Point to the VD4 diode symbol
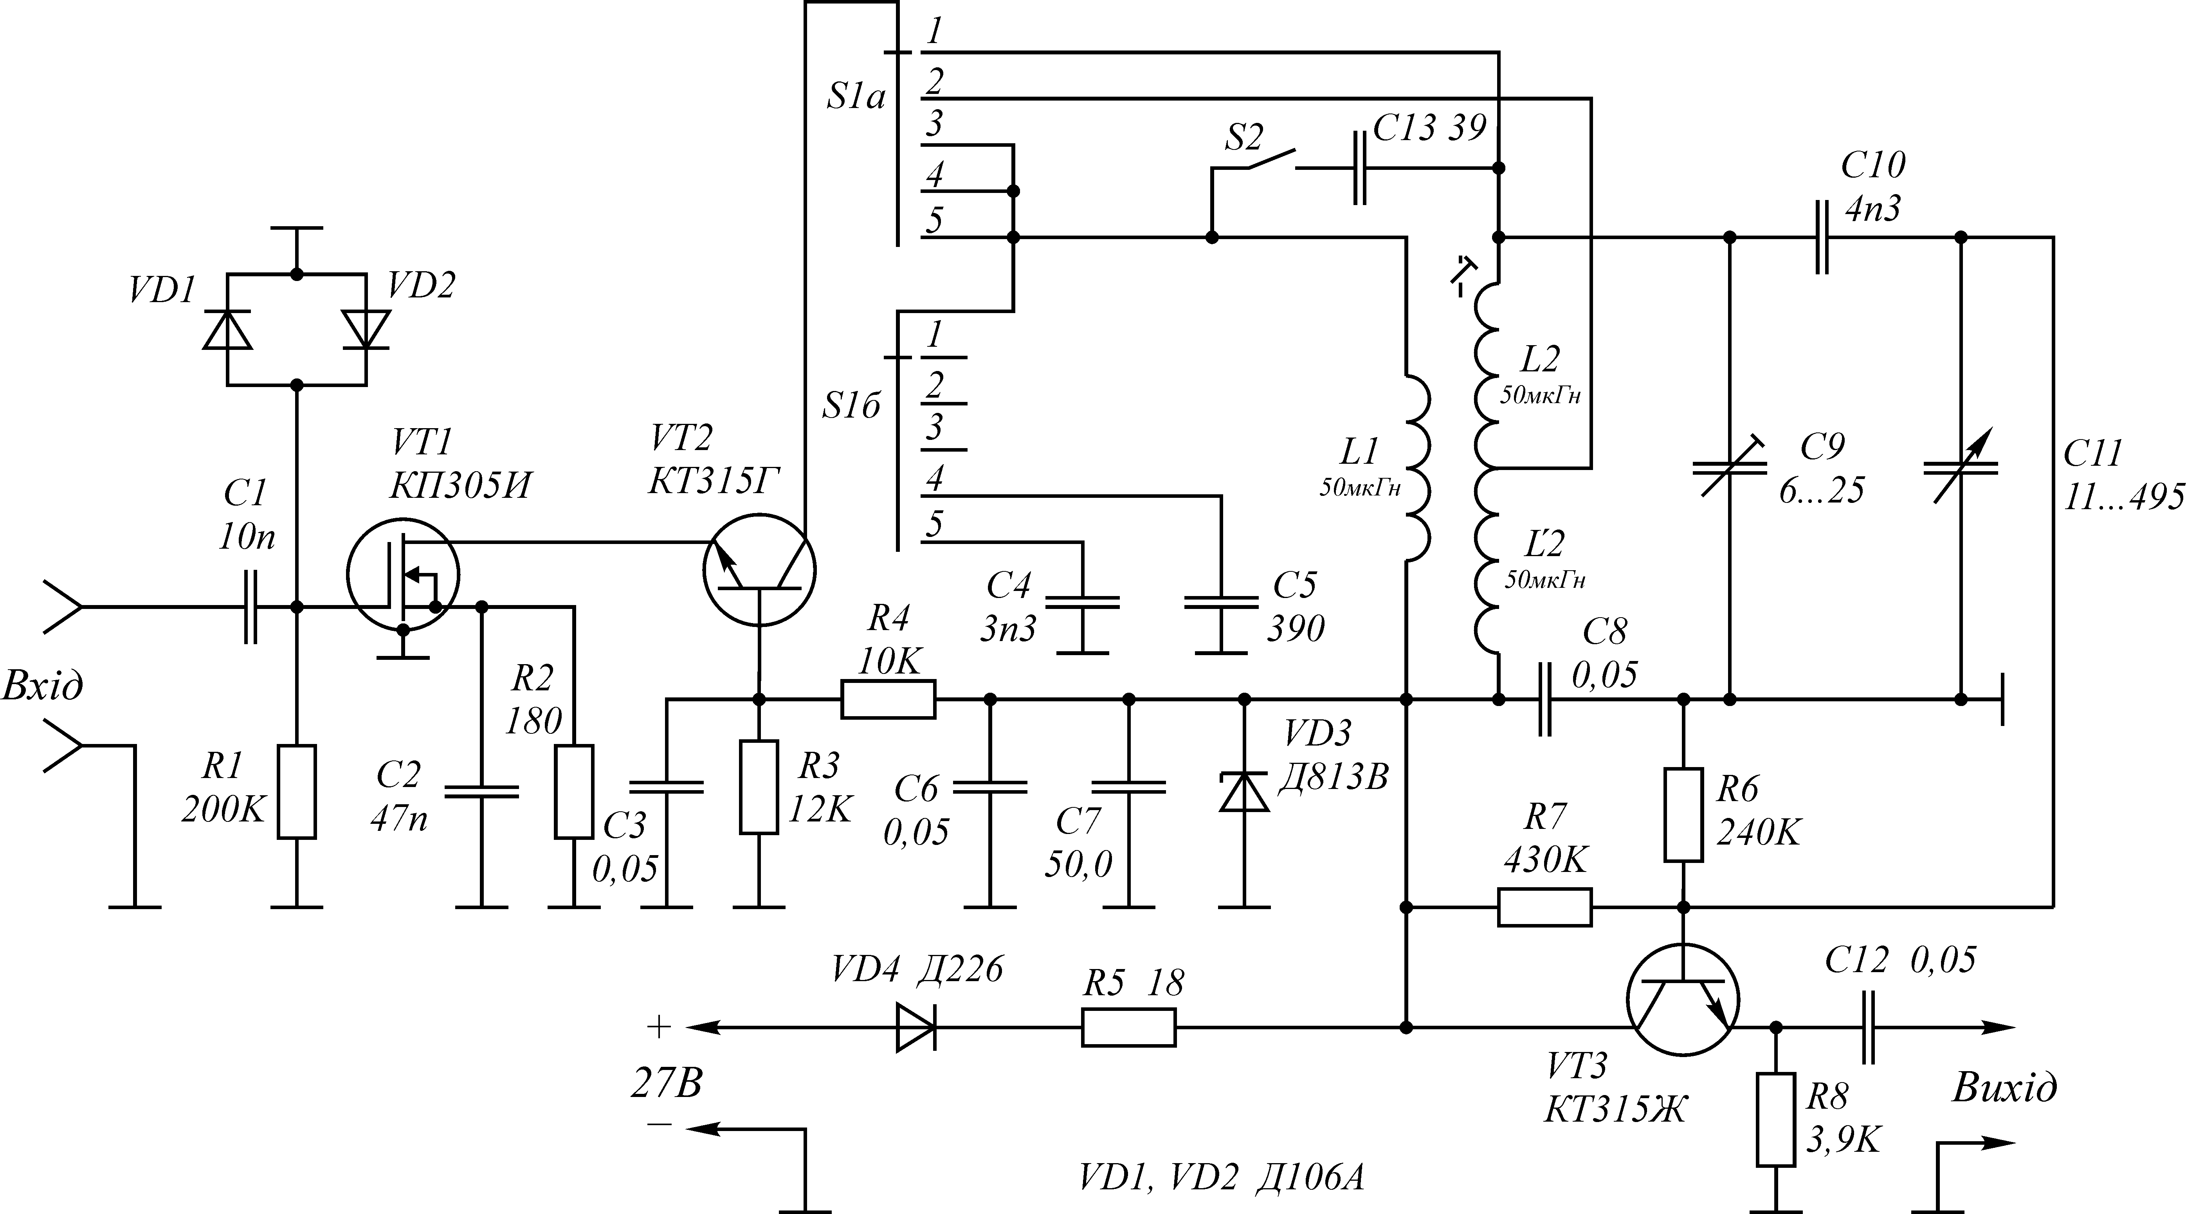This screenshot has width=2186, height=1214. click(x=917, y=1027)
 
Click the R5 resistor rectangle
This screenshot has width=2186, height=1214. click(x=1129, y=1027)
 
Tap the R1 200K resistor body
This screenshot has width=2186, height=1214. click(x=297, y=791)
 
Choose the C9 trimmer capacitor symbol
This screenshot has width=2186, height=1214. click(x=1730, y=467)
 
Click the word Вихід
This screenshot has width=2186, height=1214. click(x=2005, y=1087)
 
